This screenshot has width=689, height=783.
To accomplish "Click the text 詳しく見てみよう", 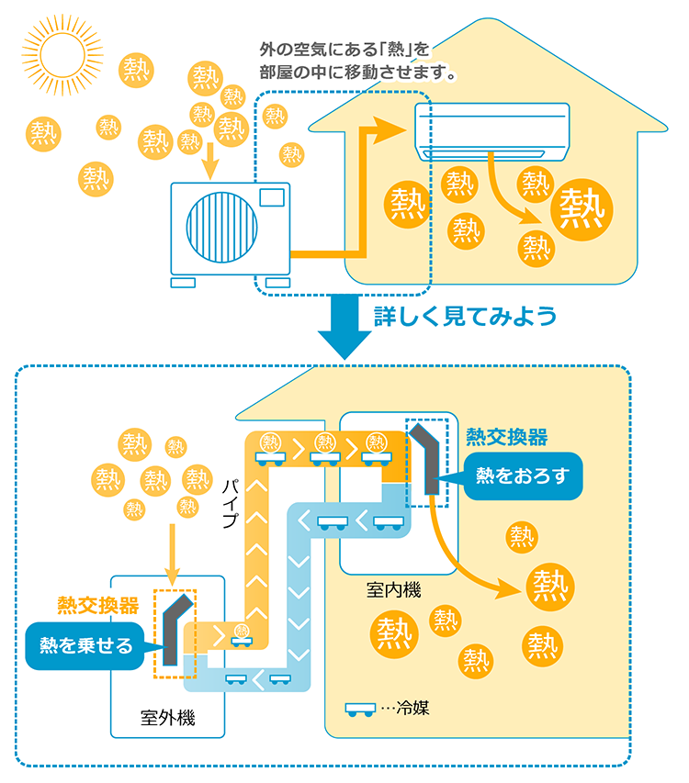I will pyautogui.click(x=465, y=318).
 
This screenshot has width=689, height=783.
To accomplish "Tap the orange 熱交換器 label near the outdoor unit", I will pyautogui.click(x=98, y=606).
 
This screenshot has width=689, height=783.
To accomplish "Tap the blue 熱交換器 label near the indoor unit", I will pyautogui.click(x=507, y=435).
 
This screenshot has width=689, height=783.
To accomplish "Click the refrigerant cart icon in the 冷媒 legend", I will pyautogui.click(x=360, y=710).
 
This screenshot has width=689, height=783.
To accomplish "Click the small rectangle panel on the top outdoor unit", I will pyautogui.click(x=272, y=196).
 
